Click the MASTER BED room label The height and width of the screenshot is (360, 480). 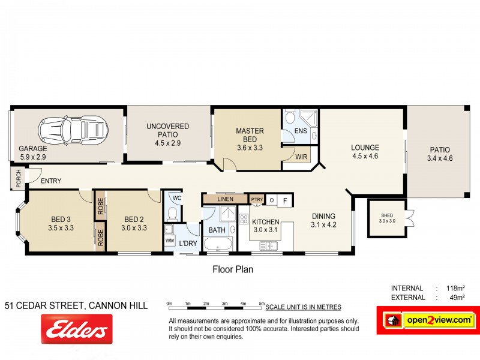pos(250,134)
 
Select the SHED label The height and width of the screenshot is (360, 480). pos(383,216)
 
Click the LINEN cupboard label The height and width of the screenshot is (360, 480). pos(225,199)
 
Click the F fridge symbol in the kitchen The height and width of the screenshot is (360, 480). pos(286,200)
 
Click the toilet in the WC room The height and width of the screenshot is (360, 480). pos(172,212)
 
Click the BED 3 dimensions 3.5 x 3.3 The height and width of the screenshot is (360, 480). pos(61,227)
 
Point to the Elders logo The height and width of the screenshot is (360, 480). pos(76,329)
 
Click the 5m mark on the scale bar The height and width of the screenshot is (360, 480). pos(262,303)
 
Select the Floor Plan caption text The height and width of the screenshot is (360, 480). pos(233,269)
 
